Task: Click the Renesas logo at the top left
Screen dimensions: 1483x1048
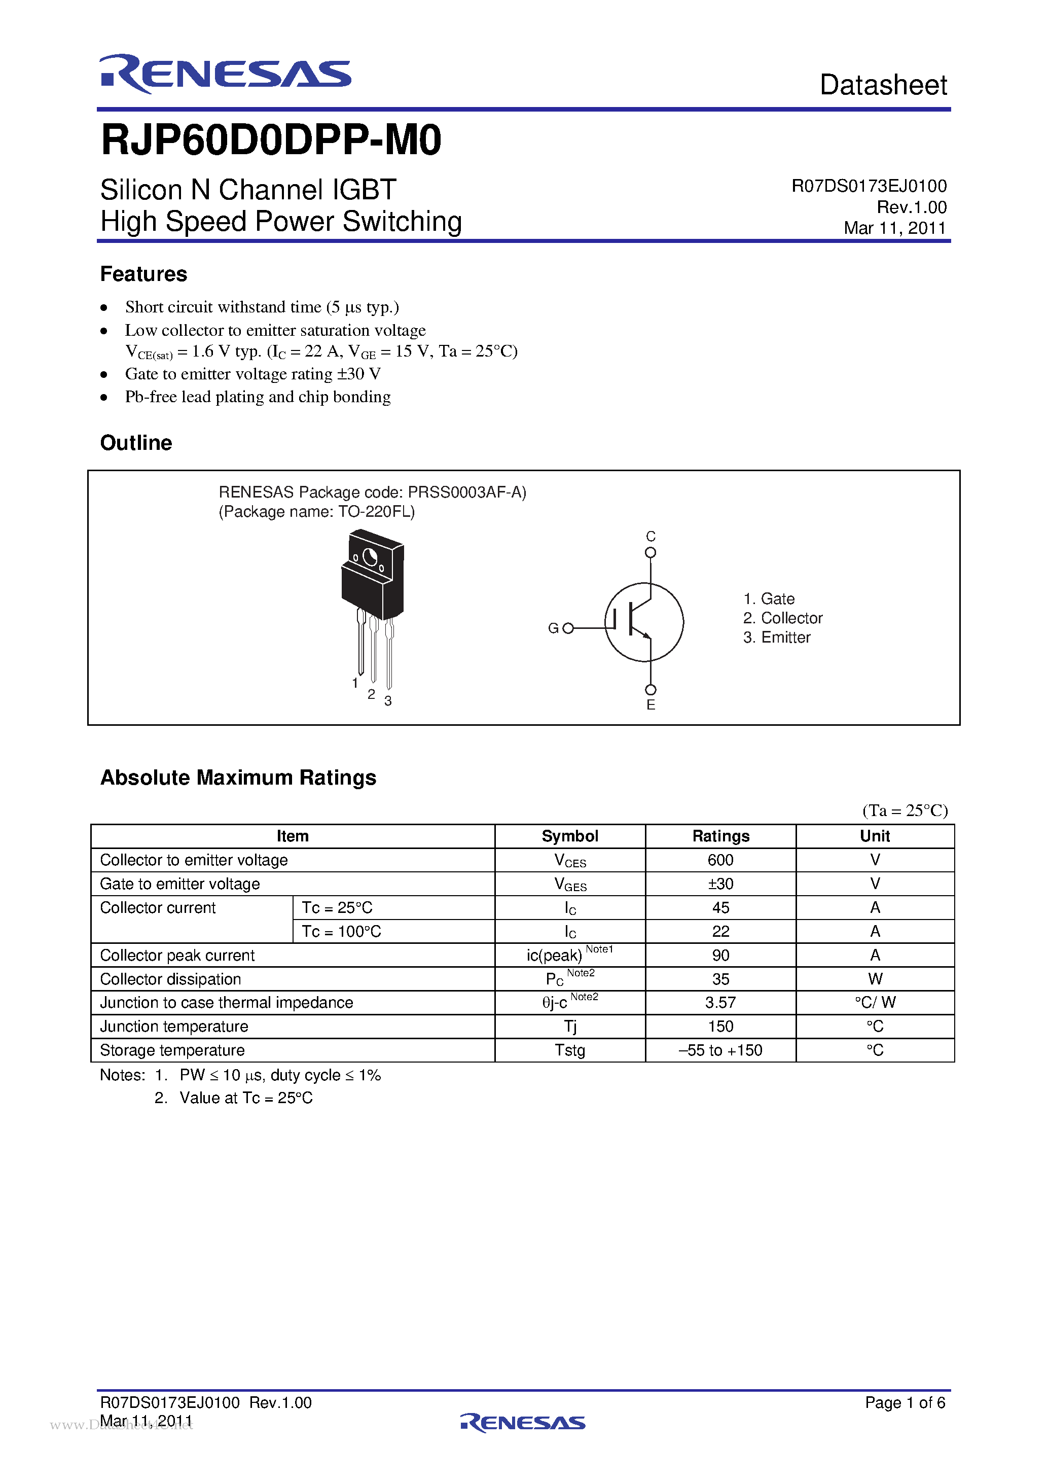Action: (x=225, y=74)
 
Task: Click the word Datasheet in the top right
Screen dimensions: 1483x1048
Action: (x=883, y=85)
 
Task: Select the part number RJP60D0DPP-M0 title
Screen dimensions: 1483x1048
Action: (x=271, y=140)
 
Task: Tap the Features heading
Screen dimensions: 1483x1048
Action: (x=143, y=274)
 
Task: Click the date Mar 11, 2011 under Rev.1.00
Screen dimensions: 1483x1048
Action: (x=894, y=228)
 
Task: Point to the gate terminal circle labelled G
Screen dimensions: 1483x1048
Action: (x=567, y=628)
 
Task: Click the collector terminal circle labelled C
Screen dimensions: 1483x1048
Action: (x=650, y=552)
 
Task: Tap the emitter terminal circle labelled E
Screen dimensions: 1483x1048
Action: (x=650, y=690)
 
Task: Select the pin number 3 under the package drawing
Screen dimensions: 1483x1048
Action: (x=388, y=701)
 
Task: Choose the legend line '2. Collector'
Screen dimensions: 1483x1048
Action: (x=783, y=618)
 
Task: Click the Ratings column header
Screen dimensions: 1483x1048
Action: (x=720, y=836)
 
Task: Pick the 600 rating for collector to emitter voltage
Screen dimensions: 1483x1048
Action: (x=720, y=860)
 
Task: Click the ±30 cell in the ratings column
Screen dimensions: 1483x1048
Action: (x=720, y=884)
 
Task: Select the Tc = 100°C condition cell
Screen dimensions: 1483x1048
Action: (x=342, y=931)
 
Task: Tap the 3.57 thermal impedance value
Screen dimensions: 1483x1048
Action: (x=720, y=1003)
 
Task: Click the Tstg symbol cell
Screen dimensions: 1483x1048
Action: (x=569, y=1050)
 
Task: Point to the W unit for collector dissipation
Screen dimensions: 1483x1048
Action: (x=875, y=978)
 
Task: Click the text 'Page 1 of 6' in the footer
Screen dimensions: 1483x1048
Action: (x=905, y=1402)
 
